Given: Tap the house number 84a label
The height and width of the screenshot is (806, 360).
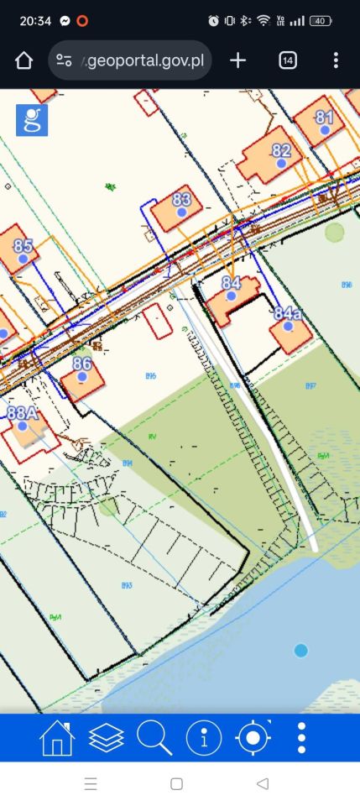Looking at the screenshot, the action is (287, 313).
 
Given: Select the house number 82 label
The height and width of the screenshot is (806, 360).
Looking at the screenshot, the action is (281, 151).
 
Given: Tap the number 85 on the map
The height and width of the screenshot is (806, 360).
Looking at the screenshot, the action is (23, 246).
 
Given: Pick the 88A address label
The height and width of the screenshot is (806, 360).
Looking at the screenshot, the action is (23, 412).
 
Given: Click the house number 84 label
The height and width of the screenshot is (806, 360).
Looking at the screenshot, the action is (231, 283).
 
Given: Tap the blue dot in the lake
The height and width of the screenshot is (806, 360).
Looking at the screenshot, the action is (301, 651).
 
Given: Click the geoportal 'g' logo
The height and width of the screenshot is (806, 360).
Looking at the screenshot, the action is (32, 120).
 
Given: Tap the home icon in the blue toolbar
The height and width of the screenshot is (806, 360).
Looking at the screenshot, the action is (57, 738).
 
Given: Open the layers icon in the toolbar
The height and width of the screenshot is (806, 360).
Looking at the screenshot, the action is (106, 738).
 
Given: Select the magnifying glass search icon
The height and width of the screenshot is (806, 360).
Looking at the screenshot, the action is (154, 738).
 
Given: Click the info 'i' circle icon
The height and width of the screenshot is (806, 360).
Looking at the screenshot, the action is (203, 738).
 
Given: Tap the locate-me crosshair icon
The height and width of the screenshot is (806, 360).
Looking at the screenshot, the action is (253, 738).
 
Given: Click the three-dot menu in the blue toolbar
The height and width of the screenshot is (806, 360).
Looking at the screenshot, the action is (301, 738).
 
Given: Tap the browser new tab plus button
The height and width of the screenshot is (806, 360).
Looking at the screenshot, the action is (238, 60).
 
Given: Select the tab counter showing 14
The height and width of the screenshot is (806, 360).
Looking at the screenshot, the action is (287, 60).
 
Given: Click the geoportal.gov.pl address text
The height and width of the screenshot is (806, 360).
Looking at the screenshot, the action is (144, 60).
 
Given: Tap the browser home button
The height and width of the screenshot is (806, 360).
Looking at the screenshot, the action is (23, 60).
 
